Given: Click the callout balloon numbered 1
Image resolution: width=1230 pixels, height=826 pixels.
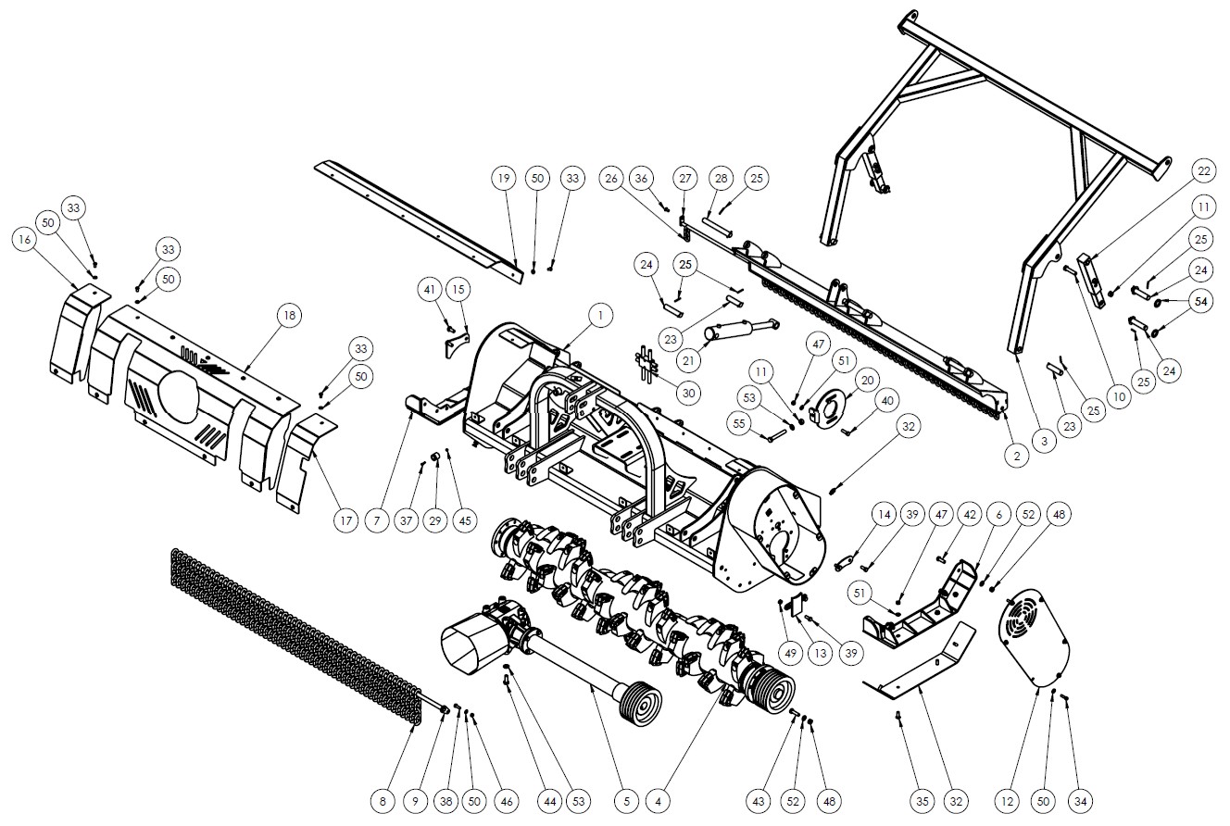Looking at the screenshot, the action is [x=600, y=316].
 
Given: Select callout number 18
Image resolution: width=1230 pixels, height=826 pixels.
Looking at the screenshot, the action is [x=289, y=315].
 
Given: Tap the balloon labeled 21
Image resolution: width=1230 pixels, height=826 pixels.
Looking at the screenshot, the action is [x=688, y=360].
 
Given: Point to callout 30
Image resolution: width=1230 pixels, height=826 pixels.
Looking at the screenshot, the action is [x=688, y=393].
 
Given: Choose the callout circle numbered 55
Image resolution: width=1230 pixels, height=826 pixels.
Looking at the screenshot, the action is [x=739, y=424].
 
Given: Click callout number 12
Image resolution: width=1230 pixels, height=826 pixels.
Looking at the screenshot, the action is [x=1007, y=801].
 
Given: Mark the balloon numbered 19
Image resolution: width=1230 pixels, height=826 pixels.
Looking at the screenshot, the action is [x=504, y=179].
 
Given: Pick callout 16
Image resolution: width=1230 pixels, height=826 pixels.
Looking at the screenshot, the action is [x=25, y=240].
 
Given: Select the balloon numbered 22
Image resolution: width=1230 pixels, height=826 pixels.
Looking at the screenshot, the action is [x=1203, y=171].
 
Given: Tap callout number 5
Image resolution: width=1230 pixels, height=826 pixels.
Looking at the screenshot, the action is [x=626, y=801].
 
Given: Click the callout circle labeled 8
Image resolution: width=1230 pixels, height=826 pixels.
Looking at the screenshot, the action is [x=383, y=801].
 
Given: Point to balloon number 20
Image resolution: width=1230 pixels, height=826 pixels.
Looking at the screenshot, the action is [x=867, y=380].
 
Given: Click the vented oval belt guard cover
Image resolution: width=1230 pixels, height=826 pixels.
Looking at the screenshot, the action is [x=1034, y=638].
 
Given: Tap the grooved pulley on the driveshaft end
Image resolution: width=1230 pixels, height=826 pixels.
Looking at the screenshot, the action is [x=640, y=703].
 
